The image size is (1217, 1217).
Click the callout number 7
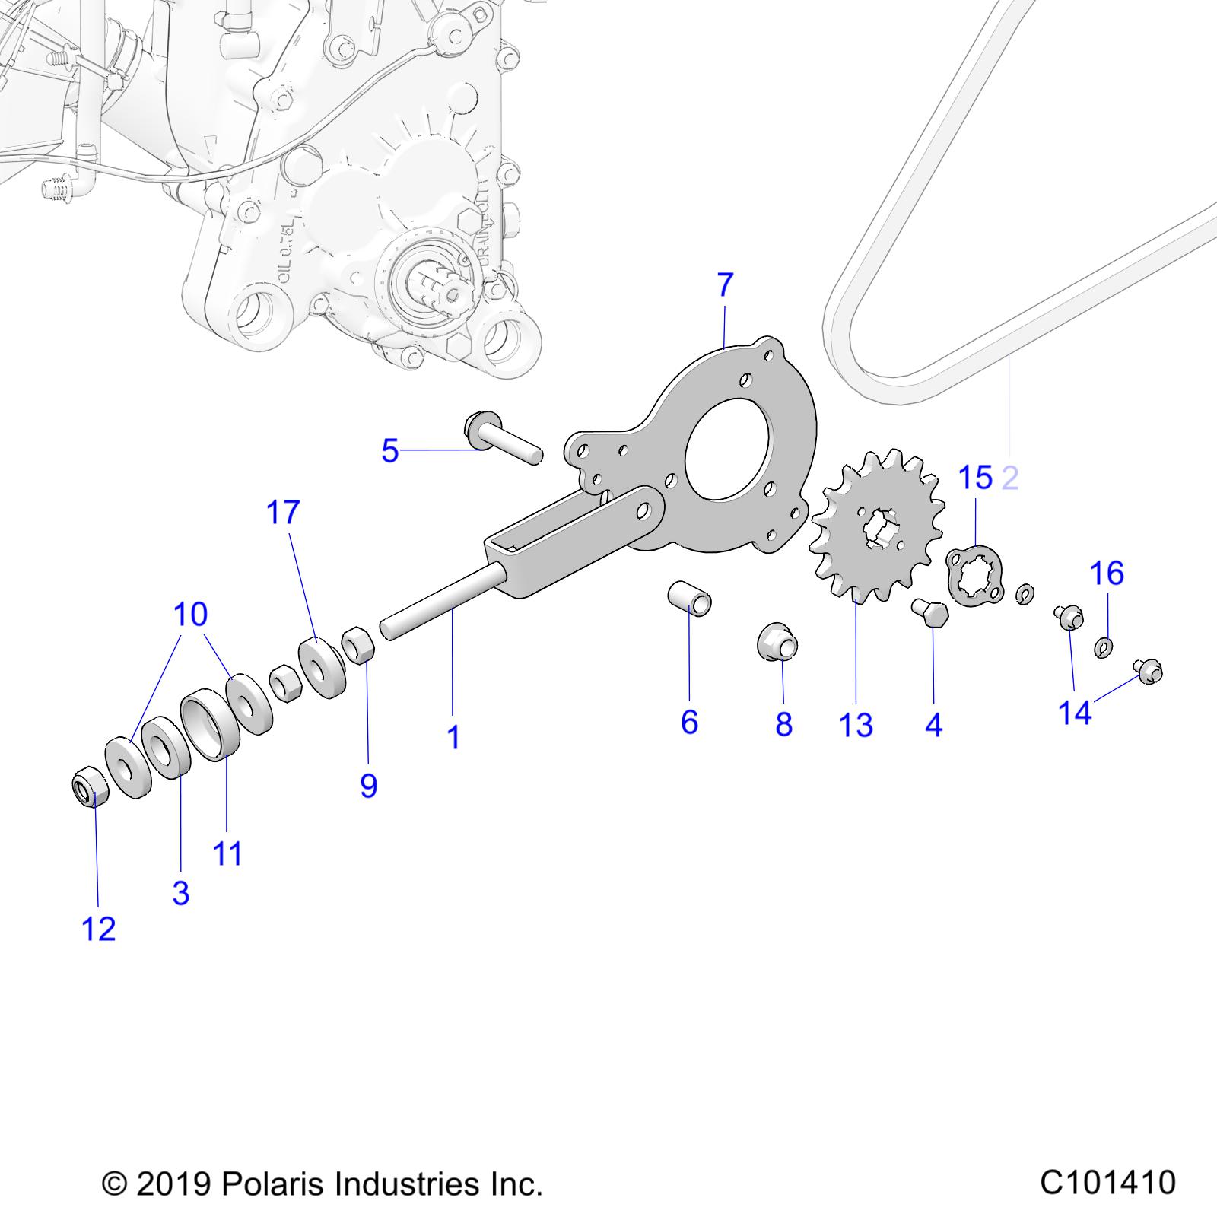tap(725, 285)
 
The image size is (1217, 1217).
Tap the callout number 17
tap(283, 513)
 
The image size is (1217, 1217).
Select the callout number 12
tap(99, 929)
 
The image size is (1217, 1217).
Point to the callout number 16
tap(1107, 573)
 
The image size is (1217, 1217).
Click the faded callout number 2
tap(1010, 478)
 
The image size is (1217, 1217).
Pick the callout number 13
tap(856, 725)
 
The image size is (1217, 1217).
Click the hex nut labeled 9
tap(357, 647)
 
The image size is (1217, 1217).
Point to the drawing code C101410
tap(1107, 1183)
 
